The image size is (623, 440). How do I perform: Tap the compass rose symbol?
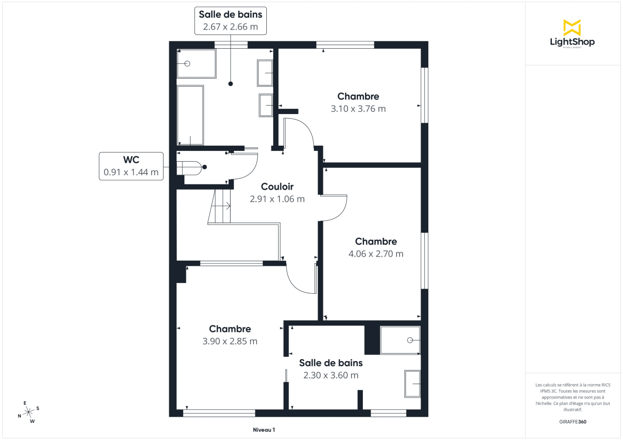pos(29,411)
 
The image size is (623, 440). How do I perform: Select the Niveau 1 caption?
pos(264,430)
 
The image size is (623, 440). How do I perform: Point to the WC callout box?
pos(131,166)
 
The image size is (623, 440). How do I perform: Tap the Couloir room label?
pos(277,187)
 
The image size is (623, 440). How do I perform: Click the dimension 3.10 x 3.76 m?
pos(358,109)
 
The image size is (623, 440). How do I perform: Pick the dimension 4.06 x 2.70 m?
pos(376,254)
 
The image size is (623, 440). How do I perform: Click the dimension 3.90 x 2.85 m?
pos(230,341)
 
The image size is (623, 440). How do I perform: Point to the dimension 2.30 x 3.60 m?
pos(331,375)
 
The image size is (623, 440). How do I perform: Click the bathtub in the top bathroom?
pos(191,115)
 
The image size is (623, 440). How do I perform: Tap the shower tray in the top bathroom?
pos(196,63)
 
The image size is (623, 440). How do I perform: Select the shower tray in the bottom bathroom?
pos(400,340)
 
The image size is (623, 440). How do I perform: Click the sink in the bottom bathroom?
pos(412,384)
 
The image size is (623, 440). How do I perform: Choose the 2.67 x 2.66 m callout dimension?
pos(231,26)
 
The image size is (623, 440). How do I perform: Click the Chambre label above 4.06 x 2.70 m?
pos(376,242)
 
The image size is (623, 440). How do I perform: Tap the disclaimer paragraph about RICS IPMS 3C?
pos(573,397)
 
